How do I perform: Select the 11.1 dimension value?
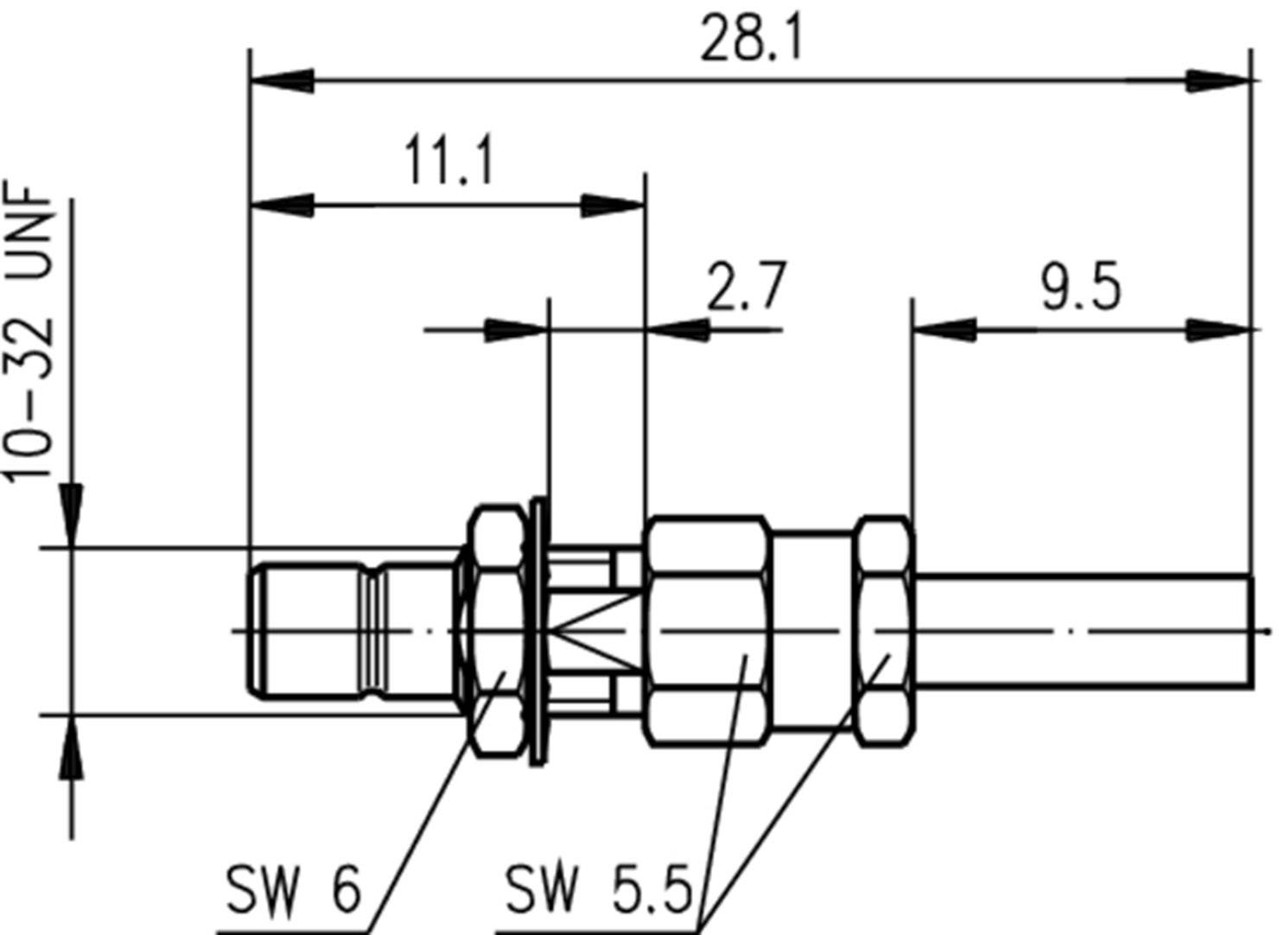coord(449,162)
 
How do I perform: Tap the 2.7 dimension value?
coord(747,287)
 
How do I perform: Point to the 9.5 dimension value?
coord(1080,288)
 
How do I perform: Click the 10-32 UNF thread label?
coord(30,333)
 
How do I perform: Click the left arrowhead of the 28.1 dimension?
coord(281,81)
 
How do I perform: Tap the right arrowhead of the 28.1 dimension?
coord(1219,81)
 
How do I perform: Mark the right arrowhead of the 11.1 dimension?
coord(614,207)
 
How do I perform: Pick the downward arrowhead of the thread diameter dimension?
coord(72,515)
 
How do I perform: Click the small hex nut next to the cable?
coord(884,632)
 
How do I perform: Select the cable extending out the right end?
coord(1080,632)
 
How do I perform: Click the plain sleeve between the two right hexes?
coord(812,632)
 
